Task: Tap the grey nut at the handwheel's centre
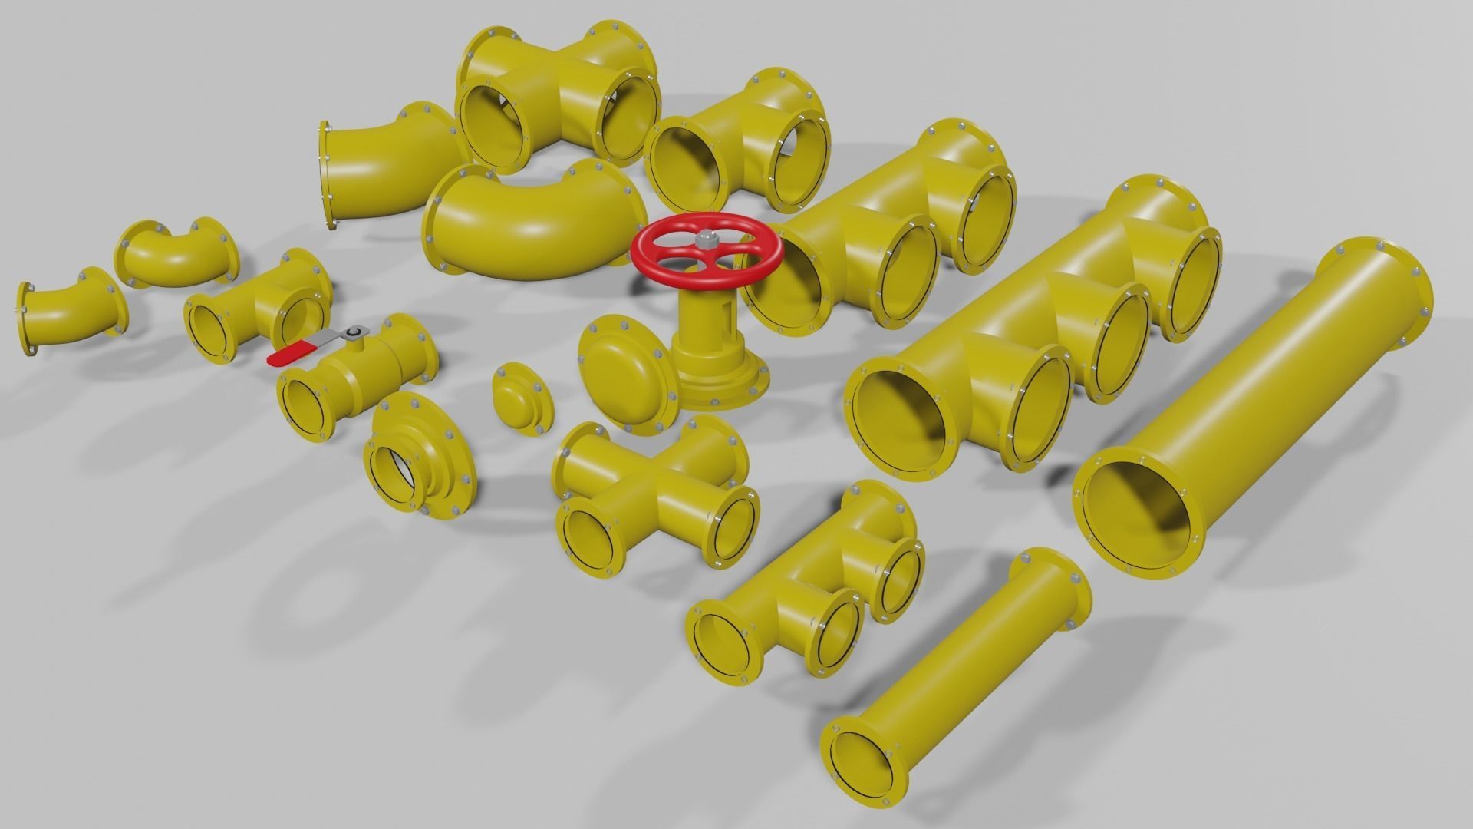click(x=704, y=239)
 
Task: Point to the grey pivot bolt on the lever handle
click(x=353, y=332)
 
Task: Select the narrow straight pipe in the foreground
click(x=959, y=675)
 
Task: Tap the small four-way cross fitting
click(x=652, y=491)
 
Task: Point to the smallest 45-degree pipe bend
click(x=69, y=311)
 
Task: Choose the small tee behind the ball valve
click(x=257, y=307)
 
